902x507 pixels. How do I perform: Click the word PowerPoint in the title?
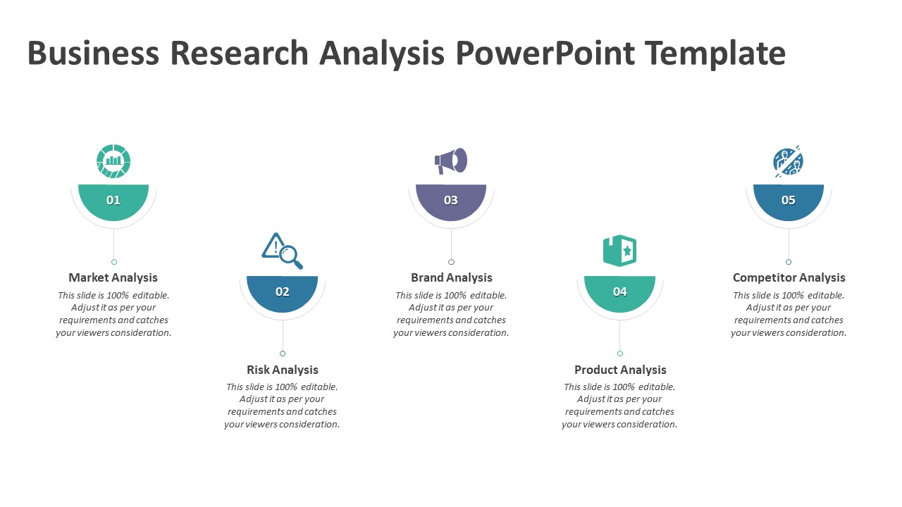pos(545,53)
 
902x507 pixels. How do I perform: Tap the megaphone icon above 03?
pos(451,161)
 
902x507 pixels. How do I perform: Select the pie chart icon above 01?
pos(113,161)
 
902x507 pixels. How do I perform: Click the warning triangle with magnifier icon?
pos(282,251)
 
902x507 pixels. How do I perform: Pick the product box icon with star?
pos(619,251)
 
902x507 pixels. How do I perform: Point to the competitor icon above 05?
pos(788,161)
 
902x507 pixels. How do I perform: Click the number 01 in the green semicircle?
pos(113,200)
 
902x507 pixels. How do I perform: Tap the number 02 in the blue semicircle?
pos(283,292)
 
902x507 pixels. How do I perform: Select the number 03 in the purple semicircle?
pos(450,200)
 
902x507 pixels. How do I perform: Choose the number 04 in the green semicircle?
pos(619,292)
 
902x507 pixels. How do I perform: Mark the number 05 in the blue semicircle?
pos(788,200)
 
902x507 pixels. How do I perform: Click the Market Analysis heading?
pos(113,277)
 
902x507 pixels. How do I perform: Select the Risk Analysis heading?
pos(283,370)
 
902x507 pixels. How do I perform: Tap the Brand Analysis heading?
pos(452,277)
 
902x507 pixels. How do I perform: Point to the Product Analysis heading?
pos(620,370)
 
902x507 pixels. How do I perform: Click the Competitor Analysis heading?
pos(789,277)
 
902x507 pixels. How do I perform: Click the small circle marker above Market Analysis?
pos(114,262)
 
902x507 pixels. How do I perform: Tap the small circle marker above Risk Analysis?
pos(283,353)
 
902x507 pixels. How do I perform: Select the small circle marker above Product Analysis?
pos(619,353)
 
